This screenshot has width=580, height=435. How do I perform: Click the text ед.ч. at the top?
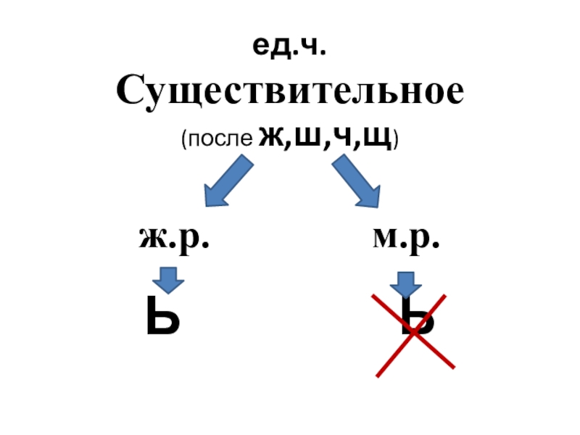[289, 49]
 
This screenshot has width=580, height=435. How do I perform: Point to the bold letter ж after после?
[270, 137]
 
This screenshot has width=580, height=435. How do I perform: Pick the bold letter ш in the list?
[303, 137]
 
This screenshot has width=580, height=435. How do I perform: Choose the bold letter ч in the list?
[334, 137]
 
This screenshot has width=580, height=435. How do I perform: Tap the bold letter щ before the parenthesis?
[370, 138]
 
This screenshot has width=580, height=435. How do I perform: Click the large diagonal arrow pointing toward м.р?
[357, 183]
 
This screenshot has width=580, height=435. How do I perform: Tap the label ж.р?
[174, 238]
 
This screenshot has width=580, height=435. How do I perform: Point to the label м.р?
[406, 238]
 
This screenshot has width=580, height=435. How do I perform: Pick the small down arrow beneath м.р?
[405, 283]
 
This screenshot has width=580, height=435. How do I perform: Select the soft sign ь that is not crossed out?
[162, 320]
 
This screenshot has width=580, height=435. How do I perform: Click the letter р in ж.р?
[195, 241]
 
